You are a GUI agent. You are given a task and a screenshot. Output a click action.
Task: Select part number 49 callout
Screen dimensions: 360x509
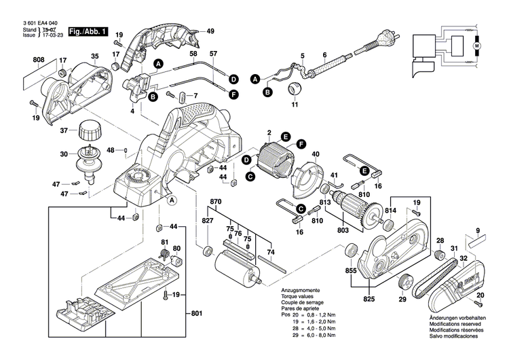(210, 31)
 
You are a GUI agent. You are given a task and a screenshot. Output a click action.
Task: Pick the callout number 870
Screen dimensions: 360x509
(216, 202)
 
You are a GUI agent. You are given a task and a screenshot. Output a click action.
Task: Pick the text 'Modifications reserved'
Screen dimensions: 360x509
(456, 324)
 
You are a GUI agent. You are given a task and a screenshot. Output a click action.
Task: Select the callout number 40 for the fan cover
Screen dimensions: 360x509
(315, 154)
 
